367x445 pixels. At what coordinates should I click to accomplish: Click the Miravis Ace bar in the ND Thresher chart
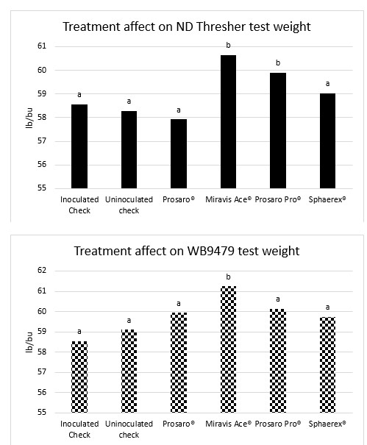(x=227, y=121)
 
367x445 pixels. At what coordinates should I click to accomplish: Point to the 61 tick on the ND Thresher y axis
(x=41, y=46)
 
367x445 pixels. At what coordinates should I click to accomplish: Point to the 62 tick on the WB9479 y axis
(x=41, y=271)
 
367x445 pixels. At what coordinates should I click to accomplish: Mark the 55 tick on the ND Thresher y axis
(x=41, y=188)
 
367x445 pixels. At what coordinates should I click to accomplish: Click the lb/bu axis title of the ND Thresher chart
(x=21, y=116)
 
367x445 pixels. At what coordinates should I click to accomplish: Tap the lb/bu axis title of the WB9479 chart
(x=21, y=342)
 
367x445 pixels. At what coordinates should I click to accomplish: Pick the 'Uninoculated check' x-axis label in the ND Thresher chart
(x=129, y=204)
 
